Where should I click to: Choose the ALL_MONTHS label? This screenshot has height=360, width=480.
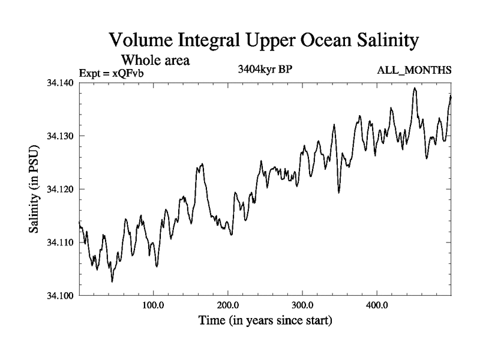coord(414,71)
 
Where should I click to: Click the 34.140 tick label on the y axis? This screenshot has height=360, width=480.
coord(60,82)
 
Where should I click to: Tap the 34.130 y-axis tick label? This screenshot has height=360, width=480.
coord(60,136)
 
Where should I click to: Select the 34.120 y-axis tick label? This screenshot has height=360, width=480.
coord(60,189)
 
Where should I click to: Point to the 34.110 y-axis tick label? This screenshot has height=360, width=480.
coord(60,242)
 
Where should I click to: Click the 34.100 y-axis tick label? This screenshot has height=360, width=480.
coord(60,296)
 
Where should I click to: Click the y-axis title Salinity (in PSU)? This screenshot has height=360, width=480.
coord(34,189)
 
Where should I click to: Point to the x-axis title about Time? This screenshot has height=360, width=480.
coord(265,321)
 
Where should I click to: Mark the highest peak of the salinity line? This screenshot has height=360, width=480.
coord(415,88)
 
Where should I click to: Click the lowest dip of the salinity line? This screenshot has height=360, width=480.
coord(112,281)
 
